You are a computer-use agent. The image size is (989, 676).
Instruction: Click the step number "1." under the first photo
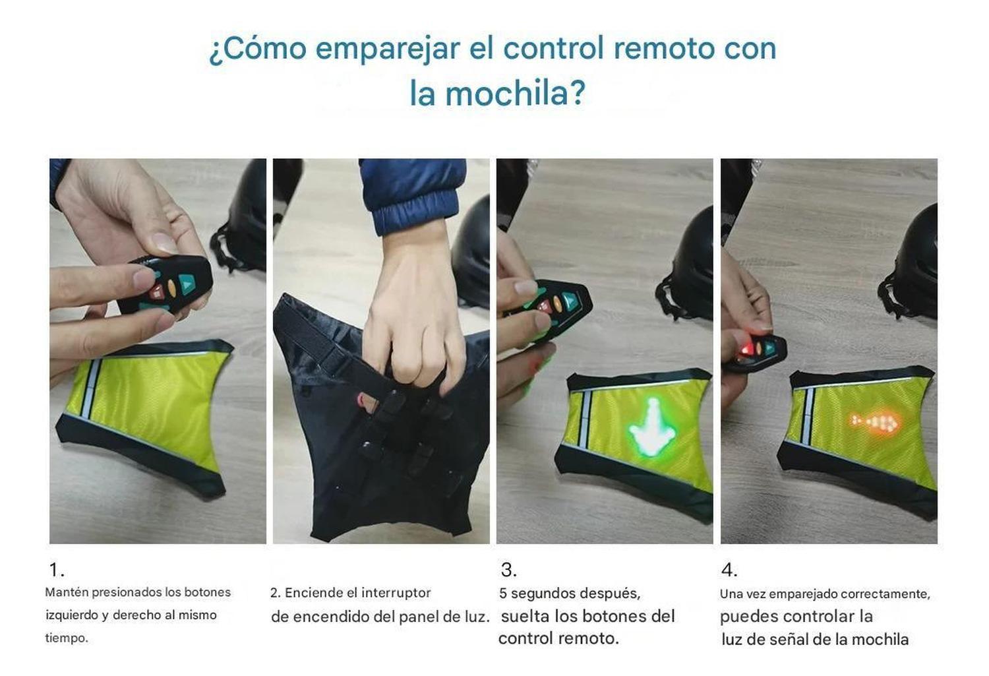57,570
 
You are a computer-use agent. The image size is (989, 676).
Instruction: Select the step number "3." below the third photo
508,570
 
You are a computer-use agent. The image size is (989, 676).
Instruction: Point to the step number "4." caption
729,570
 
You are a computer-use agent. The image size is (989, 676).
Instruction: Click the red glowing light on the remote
744,350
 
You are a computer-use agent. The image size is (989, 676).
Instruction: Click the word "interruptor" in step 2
396,593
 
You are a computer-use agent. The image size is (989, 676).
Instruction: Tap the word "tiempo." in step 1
66,638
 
